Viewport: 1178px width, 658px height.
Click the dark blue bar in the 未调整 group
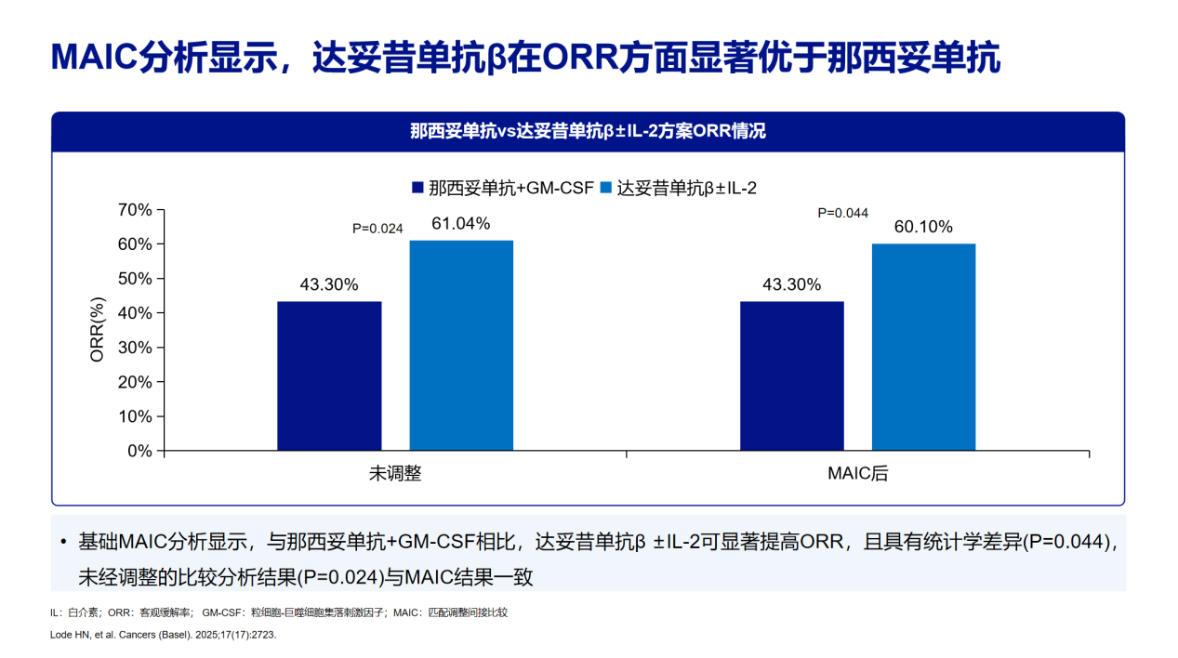(x=329, y=375)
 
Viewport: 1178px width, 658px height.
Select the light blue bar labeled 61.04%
(x=461, y=345)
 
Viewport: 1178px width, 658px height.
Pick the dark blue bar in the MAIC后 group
(x=791, y=375)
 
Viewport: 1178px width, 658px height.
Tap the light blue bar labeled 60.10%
(x=923, y=347)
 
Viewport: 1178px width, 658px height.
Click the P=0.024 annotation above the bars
(x=377, y=229)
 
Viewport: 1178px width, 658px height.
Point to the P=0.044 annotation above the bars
(x=842, y=213)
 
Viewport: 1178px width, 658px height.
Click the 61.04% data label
(x=460, y=224)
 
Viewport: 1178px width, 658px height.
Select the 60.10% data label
(x=923, y=228)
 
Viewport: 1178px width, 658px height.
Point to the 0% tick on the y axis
(x=139, y=451)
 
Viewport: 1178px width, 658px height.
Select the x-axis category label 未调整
(x=395, y=473)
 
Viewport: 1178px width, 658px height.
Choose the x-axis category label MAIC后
(x=857, y=473)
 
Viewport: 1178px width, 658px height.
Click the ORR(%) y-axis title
(x=98, y=330)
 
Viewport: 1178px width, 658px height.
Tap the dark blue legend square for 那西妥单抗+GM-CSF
(x=418, y=188)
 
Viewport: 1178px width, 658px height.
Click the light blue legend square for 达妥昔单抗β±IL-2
(x=606, y=188)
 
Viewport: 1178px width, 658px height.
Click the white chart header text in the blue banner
(x=588, y=131)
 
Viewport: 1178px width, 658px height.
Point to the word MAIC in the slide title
(x=96, y=58)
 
